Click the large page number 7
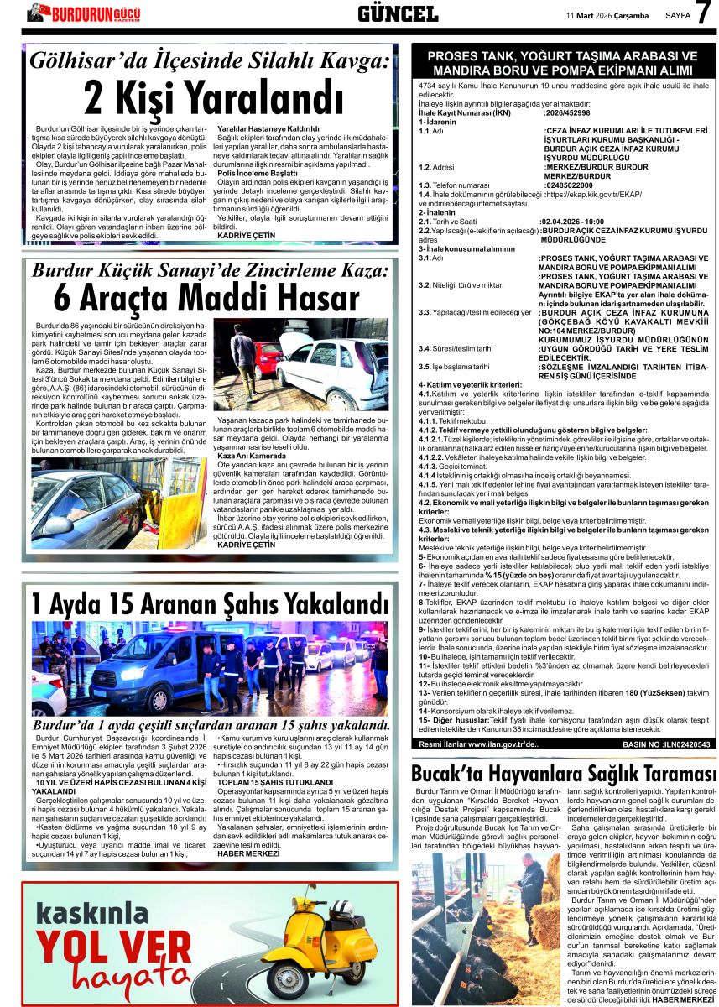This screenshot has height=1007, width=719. coord(703,14)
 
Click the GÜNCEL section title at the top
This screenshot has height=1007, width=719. coord(398,13)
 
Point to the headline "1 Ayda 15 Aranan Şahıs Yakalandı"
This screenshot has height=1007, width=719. coord(210,604)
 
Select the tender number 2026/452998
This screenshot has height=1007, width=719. coord(567,112)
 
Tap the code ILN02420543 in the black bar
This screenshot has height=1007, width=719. coord(680,744)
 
